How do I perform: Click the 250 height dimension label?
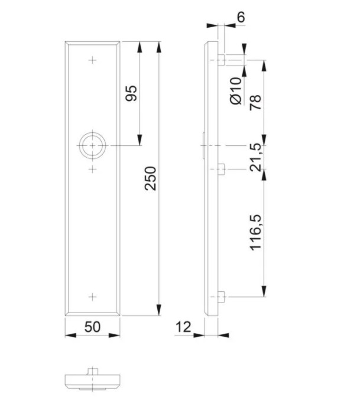point(151,178)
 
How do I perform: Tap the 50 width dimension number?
point(92,327)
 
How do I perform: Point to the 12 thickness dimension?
point(184,327)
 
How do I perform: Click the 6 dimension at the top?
point(241,17)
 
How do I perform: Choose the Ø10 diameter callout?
point(235,90)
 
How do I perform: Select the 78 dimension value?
point(255,101)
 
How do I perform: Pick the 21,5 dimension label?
point(255,157)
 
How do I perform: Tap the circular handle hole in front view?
point(92,145)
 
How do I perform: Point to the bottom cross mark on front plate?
point(92,297)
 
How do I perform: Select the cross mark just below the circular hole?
point(92,170)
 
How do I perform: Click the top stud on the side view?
point(221,60)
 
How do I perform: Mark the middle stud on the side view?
point(221,170)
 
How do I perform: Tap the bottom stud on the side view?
point(221,297)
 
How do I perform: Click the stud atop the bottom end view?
point(92,370)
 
